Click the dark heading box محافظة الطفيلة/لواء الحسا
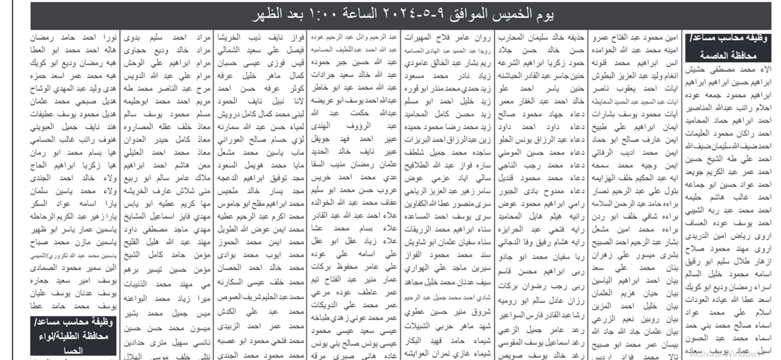pos(69,335)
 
